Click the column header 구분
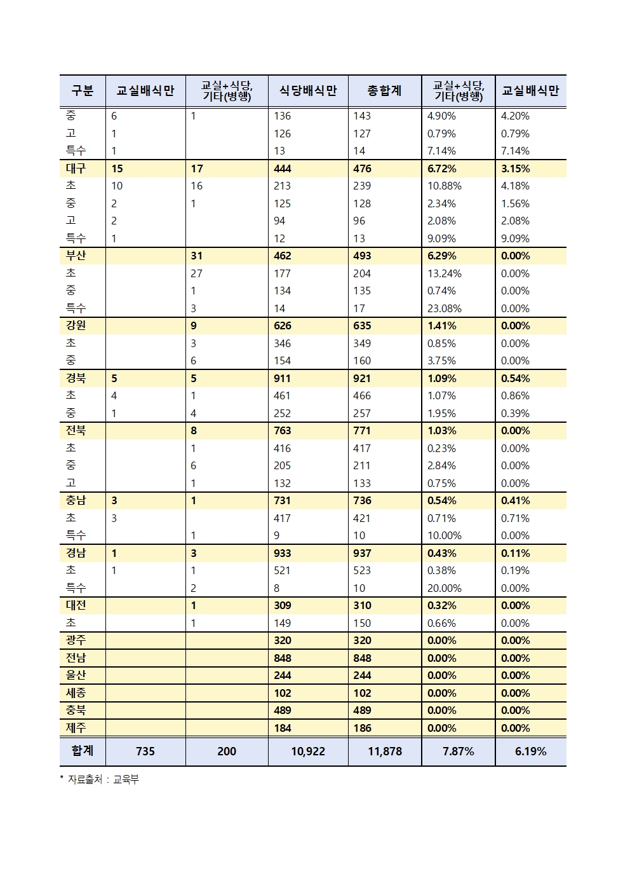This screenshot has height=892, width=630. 82,91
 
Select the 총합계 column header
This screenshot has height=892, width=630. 384,91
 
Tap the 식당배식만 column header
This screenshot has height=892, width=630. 308,91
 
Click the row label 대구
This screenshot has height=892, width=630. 76,168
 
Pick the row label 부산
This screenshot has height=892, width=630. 76,256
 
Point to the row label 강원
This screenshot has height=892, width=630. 76,326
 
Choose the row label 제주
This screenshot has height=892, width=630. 76,728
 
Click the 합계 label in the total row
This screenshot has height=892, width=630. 82,751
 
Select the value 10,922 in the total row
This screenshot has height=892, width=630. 308,751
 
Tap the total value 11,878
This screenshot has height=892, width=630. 384,751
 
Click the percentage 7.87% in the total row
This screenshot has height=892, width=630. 458,751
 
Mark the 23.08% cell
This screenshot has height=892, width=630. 444,308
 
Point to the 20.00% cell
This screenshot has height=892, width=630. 444,588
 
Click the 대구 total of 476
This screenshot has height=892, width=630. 362,168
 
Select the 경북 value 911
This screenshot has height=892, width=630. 282,378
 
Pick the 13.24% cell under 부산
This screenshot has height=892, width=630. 444,273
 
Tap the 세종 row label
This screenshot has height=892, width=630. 76,693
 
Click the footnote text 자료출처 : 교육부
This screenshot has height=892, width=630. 103,779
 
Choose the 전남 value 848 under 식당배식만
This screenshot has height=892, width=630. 282,658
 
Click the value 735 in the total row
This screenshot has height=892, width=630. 145,751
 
